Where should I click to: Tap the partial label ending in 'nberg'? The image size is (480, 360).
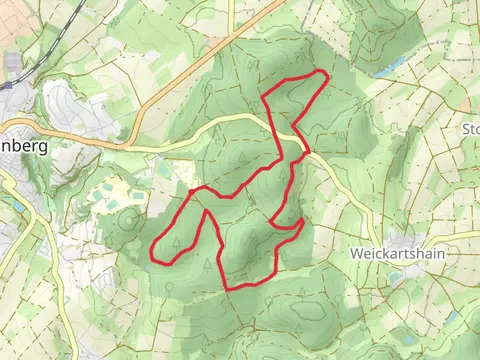[24, 144]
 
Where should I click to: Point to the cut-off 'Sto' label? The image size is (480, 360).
[469, 128]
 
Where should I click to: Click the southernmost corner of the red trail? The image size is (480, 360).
[229, 288]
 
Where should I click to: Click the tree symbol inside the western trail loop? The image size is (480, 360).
[176, 240]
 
